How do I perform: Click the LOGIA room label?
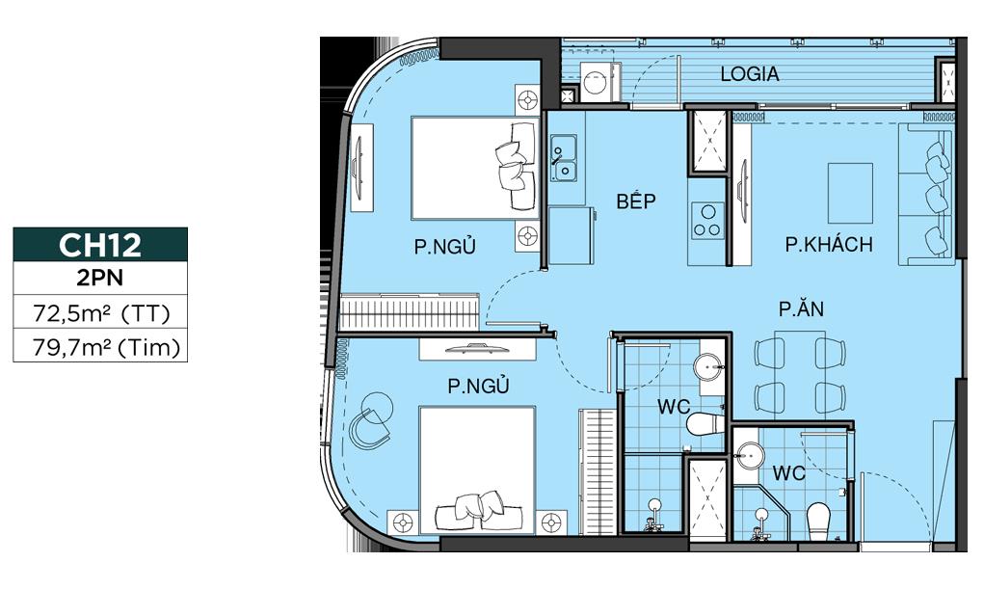750,74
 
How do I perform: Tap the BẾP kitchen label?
636,201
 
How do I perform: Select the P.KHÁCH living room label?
828,245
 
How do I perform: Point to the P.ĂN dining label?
801,309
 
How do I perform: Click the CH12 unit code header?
100,245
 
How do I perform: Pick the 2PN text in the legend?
100,280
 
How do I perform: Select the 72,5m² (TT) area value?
100,313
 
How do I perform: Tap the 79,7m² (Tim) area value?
100,346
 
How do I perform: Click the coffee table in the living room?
850,192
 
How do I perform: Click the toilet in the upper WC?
705,423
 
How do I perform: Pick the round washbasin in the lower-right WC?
750,452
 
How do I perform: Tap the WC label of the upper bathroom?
674,408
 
